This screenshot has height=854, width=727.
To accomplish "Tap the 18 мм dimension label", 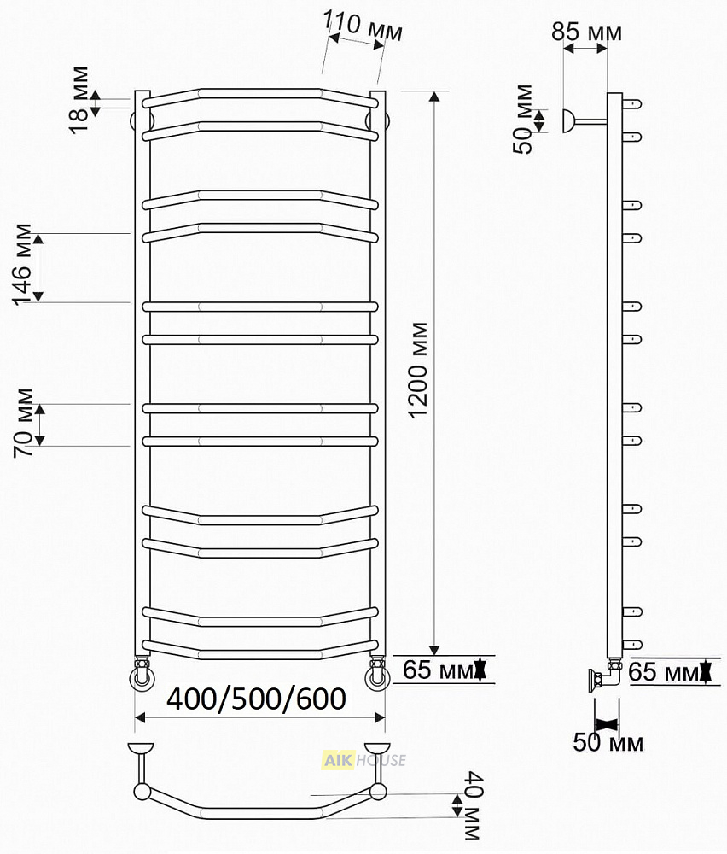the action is point(79,100).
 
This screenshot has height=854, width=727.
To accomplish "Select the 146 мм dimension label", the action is point(22,265).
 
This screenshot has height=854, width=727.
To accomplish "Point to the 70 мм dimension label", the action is point(24,423).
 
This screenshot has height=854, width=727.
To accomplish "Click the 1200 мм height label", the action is point(418,371).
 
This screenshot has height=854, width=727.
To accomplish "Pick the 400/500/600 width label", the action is point(256,699).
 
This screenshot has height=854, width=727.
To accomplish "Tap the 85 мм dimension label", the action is point(586,32).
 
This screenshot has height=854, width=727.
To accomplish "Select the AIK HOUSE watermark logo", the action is point(364,760).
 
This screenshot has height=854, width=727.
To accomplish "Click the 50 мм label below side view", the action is point(608,742).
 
